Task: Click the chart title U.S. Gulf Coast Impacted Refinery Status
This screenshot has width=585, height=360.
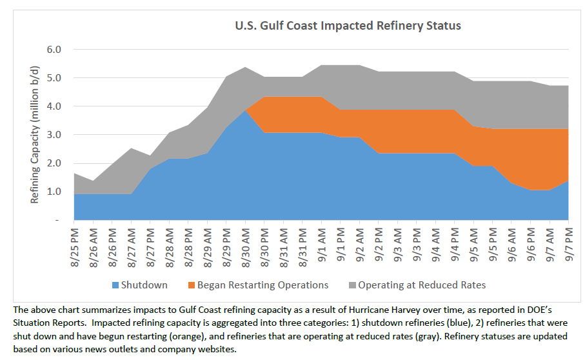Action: [347, 26]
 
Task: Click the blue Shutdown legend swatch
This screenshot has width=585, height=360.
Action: [116, 285]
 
